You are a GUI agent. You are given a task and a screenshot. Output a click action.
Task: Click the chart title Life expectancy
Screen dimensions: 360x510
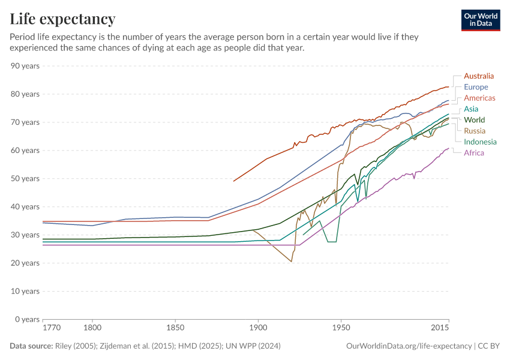pyautogui.click(x=62, y=19)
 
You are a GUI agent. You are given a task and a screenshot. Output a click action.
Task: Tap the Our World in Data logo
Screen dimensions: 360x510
pyautogui.click(x=481, y=20)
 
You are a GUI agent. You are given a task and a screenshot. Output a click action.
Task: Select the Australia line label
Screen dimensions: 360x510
pyautogui.click(x=479, y=76)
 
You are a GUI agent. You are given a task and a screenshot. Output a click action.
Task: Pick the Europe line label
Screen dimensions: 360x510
pyautogui.click(x=476, y=87)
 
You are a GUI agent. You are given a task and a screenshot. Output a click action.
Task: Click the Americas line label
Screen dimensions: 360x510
pyautogui.click(x=479, y=98)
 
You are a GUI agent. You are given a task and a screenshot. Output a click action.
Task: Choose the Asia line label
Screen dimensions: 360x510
pyautogui.click(x=471, y=109)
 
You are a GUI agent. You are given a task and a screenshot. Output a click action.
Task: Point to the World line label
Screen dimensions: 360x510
pyautogui.click(x=474, y=120)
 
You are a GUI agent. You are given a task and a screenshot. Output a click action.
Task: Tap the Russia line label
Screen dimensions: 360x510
pyautogui.click(x=475, y=131)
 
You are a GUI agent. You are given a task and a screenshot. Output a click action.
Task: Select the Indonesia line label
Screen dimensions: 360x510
pyautogui.click(x=480, y=142)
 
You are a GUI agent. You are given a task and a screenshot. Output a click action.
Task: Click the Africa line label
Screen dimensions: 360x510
pyautogui.click(x=474, y=153)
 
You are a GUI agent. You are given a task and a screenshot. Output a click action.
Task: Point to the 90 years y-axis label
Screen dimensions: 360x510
pyautogui.click(x=26, y=65)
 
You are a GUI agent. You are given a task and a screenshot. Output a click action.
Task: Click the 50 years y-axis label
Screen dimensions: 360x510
pyautogui.click(x=26, y=178)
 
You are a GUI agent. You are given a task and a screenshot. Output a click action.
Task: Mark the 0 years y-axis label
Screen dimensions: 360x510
pyautogui.click(x=28, y=319)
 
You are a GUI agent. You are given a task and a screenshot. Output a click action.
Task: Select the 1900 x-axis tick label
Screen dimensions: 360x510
pyautogui.click(x=258, y=329)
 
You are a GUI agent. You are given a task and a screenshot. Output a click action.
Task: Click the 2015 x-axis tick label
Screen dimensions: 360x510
pyautogui.click(x=440, y=329)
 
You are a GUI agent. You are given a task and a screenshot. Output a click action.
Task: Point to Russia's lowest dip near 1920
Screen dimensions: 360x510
pyautogui.click(x=292, y=262)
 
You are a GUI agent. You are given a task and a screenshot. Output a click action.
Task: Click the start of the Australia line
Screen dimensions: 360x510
pyautogui.click(x=233, y=181)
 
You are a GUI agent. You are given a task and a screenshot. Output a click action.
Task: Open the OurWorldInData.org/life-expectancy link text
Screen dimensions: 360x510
pyautogui.click(x=409, y=346)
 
